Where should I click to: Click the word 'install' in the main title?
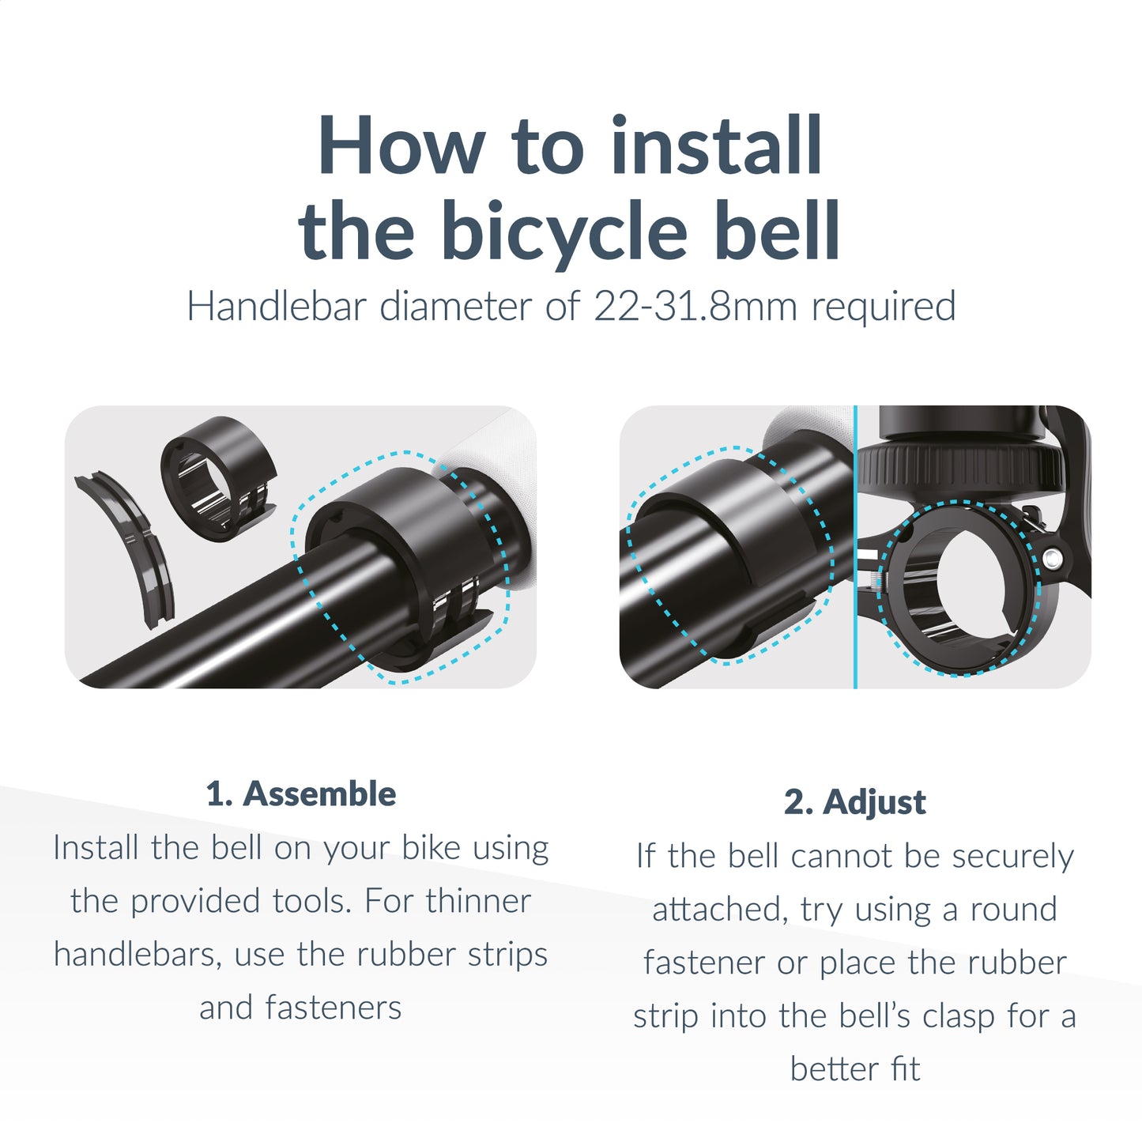point(717,147)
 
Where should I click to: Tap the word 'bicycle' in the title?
point(563,232)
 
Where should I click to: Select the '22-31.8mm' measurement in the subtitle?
point(695,307)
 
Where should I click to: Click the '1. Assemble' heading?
point(300,794)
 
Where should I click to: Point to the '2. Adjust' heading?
point(854,802)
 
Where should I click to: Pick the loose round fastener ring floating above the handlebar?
point(217,478)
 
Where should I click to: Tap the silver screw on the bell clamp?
point(1051,560)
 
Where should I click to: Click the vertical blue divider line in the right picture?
point(855,545)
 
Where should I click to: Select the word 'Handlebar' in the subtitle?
point(277,307)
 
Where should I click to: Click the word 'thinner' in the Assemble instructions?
point(478,901)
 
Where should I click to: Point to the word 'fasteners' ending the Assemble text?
point(333,1008)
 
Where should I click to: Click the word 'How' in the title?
point(401,147)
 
